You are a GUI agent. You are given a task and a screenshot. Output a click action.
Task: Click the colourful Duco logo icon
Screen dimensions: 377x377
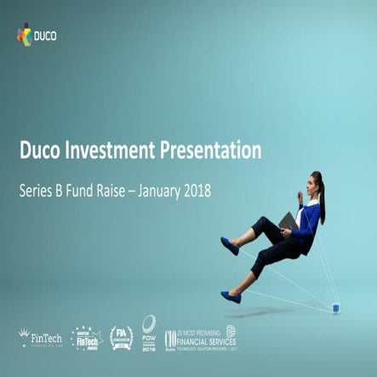[24, 35]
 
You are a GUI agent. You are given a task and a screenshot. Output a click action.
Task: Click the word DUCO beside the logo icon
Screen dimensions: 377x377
[47, 36]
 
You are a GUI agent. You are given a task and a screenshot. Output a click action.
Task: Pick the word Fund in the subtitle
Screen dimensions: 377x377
[91, 191]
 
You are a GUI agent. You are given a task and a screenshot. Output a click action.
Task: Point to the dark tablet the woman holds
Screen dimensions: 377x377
[288, 223]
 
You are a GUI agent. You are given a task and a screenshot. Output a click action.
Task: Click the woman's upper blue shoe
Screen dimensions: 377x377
[230, 246]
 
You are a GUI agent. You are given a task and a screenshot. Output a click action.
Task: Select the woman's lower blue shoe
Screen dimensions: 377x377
[231, 297]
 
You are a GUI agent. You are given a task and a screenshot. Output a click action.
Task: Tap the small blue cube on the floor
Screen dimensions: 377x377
[336, 306]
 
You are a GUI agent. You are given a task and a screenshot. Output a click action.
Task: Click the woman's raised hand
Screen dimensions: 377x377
[299, 196]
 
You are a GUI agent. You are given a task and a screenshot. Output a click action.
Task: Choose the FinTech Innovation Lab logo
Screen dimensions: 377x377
[40, 338]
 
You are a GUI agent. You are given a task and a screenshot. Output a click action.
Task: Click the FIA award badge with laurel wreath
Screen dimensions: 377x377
[121, 338]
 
